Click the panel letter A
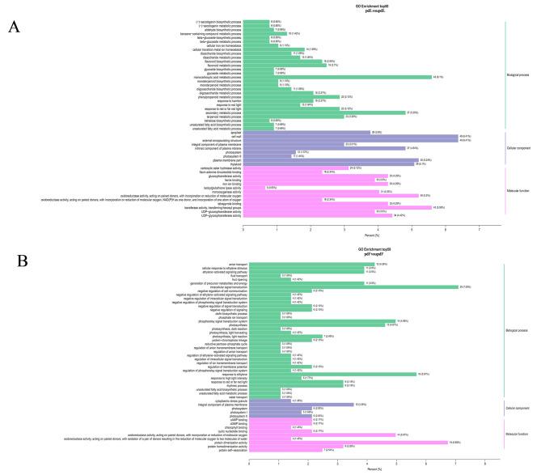pos(15,26)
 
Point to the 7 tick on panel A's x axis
pos(480,229)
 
